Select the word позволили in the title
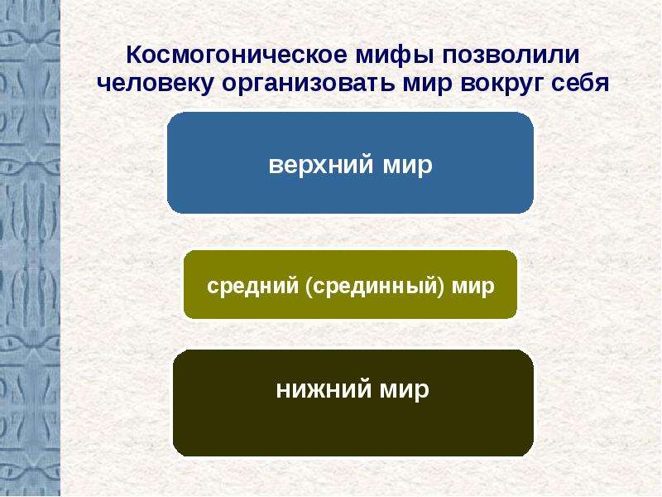tap(511, 55)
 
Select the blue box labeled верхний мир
tap(350, 162)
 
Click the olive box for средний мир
tap(350, 284)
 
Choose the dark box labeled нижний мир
tap(353, 403)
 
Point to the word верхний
tap(321, 165)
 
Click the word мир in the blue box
tap(407, 166)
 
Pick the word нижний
tap(324, 388)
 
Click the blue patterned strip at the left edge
tap(30, 248)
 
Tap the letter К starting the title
tap(136, 55)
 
